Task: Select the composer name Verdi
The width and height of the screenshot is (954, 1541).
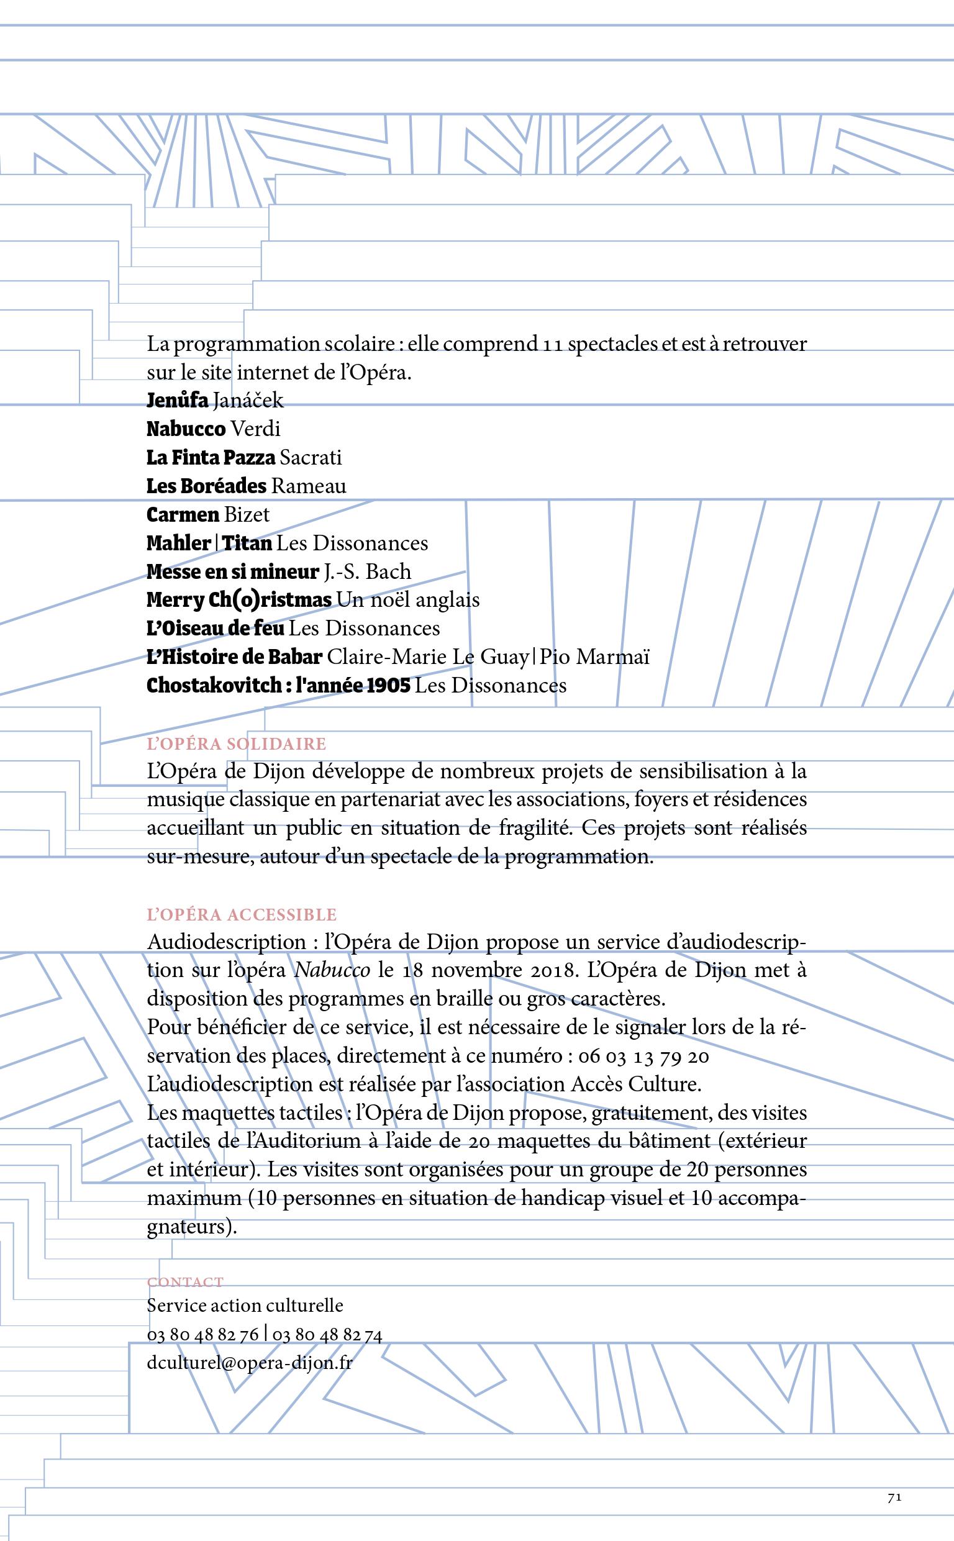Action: (255, 429)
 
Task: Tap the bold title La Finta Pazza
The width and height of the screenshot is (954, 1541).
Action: (210, 457)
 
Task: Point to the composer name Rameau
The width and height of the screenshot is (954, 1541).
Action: (309, 486)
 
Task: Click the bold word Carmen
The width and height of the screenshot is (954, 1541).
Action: (183, 515)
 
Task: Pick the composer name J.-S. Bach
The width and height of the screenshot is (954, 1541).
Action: (367, 571)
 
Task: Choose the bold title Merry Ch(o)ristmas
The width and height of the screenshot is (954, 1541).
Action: (238, 600)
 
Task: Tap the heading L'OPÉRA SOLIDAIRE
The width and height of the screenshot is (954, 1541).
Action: (236, 743)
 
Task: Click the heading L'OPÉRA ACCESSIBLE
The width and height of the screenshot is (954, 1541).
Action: (242, 915)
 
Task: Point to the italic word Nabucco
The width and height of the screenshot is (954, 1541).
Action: (332, 970)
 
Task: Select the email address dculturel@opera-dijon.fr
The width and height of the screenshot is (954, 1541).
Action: (249, 1363)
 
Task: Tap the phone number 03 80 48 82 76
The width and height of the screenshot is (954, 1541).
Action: (202, 1334)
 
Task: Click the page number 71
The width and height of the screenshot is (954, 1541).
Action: (894, 1498)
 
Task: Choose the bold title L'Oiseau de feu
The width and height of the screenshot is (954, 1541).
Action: (215, 628)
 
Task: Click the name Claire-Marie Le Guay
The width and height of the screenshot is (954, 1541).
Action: (428, 657)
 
